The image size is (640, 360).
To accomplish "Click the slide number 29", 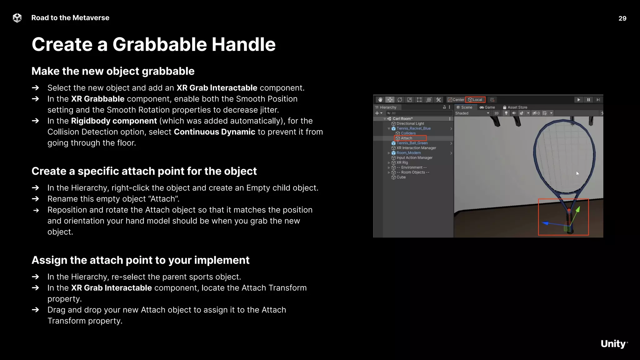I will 622,18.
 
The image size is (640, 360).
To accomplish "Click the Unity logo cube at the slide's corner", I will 17,18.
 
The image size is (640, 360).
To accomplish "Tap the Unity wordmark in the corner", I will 613,344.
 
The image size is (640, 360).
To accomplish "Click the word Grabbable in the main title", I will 160,44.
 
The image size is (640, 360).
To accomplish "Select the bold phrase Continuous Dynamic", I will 214,132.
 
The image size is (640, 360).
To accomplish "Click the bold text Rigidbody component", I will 114,121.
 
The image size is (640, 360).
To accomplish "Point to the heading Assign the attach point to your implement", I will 140,260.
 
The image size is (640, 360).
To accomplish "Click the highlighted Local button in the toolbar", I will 475,100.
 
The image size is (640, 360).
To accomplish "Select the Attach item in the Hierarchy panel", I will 406,138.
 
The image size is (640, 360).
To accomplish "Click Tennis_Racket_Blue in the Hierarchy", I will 413,128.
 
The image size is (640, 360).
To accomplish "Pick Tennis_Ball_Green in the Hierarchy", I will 412,143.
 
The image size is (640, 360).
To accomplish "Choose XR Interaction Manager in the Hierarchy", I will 416,148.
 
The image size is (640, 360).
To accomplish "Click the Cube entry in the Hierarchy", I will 401,177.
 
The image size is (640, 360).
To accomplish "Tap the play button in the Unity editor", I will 578,100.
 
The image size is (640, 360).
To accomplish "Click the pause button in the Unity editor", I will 588,100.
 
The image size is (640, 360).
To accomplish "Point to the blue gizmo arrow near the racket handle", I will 547,223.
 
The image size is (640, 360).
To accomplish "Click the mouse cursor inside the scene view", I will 577,173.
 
